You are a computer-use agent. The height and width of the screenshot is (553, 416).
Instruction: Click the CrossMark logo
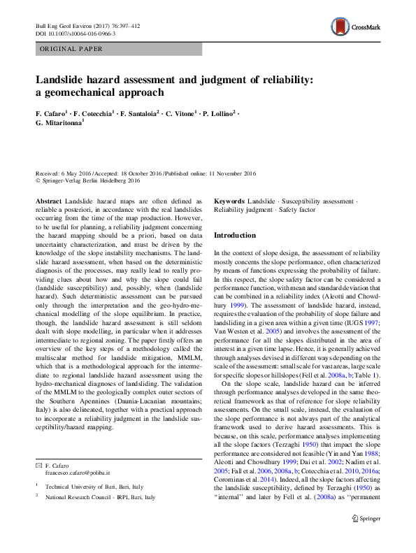[356, 27]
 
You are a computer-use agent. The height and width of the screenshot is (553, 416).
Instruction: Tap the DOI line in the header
[76, 33]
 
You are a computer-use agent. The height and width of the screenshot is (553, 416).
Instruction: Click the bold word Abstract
[48, 201]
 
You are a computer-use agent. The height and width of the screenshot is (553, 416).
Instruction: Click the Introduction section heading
[234, 236]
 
